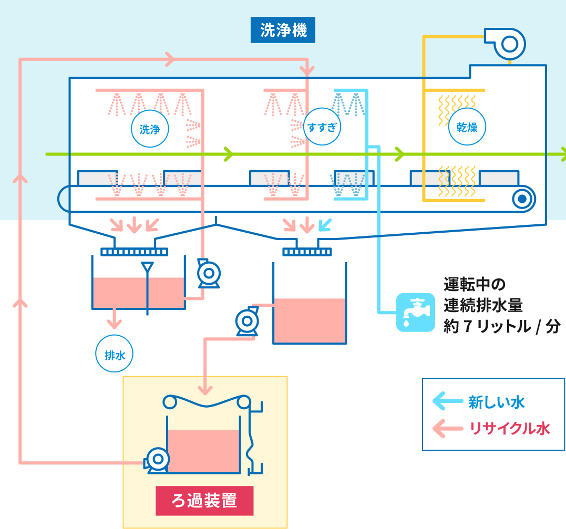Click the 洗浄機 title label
point(283,31)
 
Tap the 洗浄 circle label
point(150,129)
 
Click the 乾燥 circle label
point(467,127)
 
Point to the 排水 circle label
point(115,355)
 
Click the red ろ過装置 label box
point(204,501)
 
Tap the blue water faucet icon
point(415,312)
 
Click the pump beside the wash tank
point(208,274)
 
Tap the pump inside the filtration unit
point(157,460)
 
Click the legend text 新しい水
point(497,402)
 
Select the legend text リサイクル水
point(510,429)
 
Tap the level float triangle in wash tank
point(148,267)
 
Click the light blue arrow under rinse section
point(326,225)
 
